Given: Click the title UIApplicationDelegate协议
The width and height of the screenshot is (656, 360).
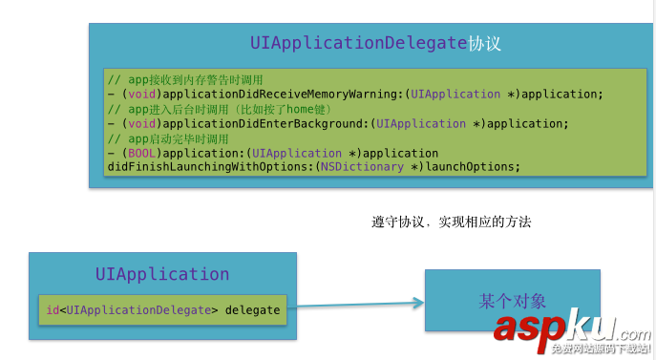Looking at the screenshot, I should coord(375,44).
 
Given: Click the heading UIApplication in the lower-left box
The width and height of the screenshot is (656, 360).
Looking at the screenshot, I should coord(161,274).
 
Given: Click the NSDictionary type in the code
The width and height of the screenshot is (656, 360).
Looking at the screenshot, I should coord(363,167).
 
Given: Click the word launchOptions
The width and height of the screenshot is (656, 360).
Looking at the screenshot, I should coord(472,167).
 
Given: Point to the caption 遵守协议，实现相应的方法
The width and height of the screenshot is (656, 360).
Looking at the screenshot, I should coord(451,222).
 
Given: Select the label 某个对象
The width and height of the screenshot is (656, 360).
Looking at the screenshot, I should coord(512,301).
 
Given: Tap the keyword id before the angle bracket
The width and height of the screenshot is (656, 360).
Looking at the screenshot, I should coord(53,309).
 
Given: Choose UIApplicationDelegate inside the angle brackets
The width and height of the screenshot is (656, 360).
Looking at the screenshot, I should coord(138,309).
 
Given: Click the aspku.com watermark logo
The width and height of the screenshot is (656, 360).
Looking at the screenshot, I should coord(571,329).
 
